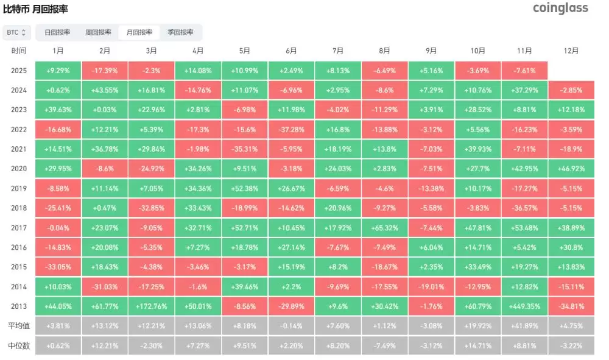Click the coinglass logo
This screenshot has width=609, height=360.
[x=560, y=8]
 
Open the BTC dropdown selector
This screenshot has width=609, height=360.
[x=16, y=32]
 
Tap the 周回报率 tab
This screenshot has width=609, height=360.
[x=98, y=32]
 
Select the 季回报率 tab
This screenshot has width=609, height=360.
[x=180, y=32]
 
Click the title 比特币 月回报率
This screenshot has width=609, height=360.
[x=35, y=9]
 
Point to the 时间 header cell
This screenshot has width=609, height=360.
[x=18, y=51]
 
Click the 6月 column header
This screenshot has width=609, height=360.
[x=291, y=51]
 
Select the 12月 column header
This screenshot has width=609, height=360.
[x=571, y=51]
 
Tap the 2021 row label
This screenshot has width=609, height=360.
[x=18, y=149]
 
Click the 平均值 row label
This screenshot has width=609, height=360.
[x=18, y=326]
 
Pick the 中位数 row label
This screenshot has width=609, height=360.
[x=18, y=345]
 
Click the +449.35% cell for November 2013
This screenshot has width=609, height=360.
[x=524, y=306]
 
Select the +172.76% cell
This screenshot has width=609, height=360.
[x=151, y=306]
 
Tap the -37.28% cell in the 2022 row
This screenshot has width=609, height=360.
[x=291, y=130]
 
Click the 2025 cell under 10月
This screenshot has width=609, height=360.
[x=478, y=71]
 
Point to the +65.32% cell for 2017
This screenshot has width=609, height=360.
[x=384, y=228]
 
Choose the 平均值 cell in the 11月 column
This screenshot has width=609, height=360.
[x=524, y=326]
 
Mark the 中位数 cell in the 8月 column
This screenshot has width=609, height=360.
[x=384, y=345]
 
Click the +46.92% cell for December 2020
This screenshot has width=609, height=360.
[x=571, y=169]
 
